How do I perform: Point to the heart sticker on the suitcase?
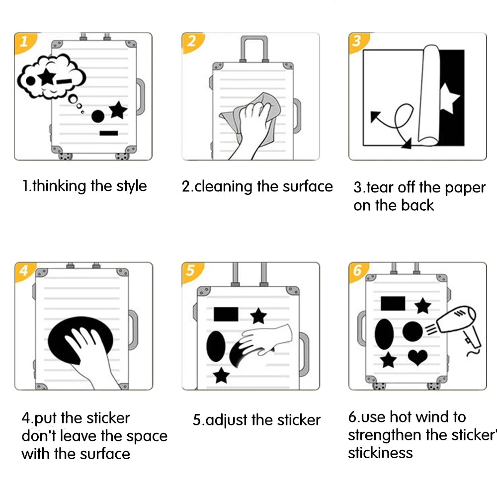tap(417, 357)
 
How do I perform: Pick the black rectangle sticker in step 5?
tap(226, 314)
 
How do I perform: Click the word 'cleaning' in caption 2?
tap(224, 187)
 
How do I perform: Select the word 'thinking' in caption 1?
tap(60, 186)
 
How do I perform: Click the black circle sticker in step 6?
tap(413, 331)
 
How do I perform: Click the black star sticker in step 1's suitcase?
tap(118, 110)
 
